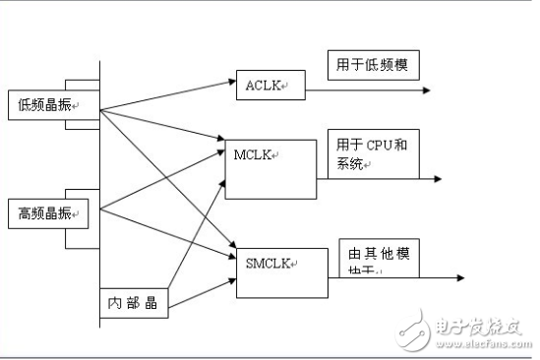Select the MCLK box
pos(271,166)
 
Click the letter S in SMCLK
pos(250,263)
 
